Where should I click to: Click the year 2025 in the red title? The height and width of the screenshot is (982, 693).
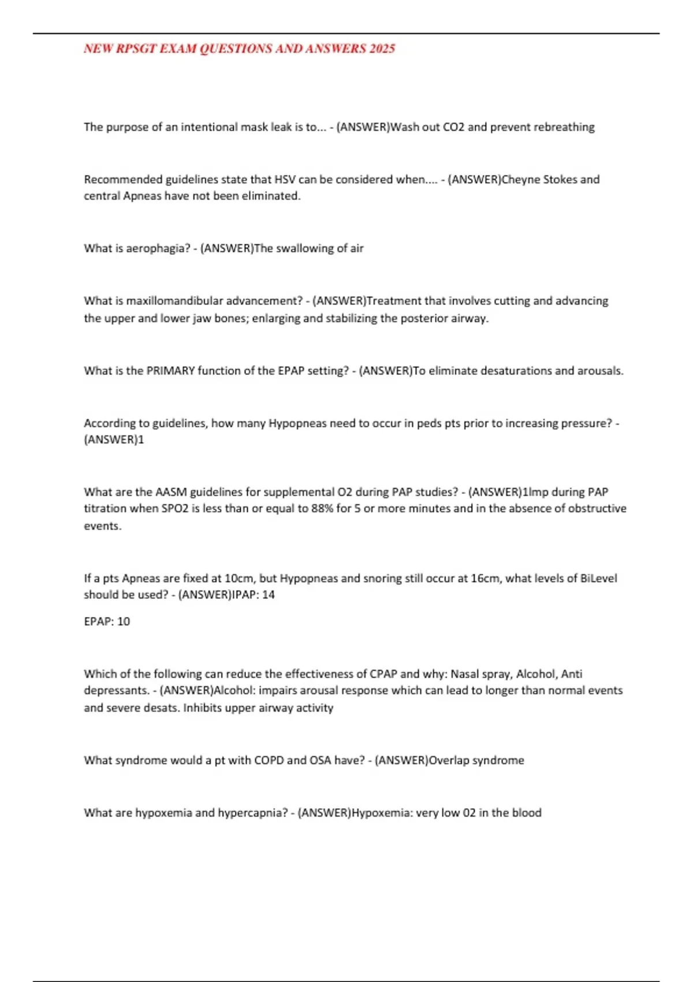coord(382,49)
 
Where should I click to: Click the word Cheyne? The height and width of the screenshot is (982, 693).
coord(521,180)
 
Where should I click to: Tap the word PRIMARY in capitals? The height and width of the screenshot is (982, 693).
coord(170,371)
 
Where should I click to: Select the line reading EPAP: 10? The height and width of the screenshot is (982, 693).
coord(107,622)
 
